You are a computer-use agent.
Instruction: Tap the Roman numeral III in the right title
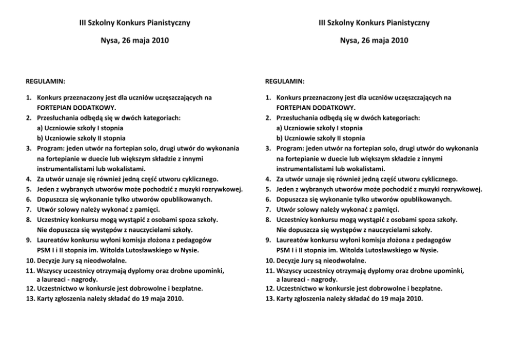tap(323, 23)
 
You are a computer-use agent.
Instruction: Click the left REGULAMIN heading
tap(45, 82)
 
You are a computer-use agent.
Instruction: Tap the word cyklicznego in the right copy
tap(438, 179)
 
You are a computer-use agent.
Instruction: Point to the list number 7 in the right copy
tap(268, 209)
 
